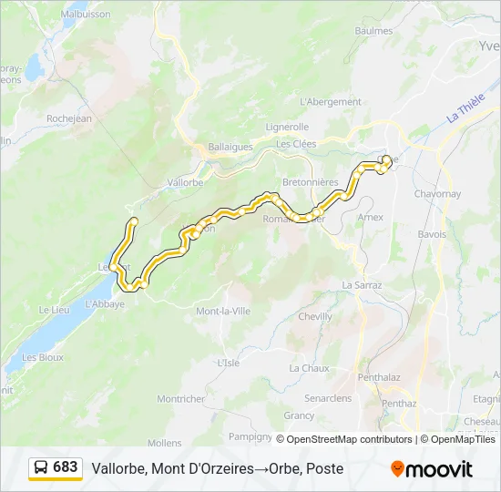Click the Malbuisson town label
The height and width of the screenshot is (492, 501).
pyautogui.click(x=86, y=15)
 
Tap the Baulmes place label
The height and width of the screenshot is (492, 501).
pyautogui.click(x=373, y=31)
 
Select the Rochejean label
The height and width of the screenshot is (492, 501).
pyautogui.click(x=69, y=118)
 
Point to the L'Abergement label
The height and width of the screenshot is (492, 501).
pyautogui.click(x=331, y=102)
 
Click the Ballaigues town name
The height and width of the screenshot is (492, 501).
pyautogui.click(x=232, y=145)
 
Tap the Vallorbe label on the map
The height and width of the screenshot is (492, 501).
pyautogui.click(x=185, y=182)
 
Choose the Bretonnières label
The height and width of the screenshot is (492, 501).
pyautogui.click(x=310, y=182)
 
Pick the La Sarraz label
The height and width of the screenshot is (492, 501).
pyautogui.click(x=362, y=285)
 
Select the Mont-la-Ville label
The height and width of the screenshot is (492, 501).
pyautogui.click(x=223, y=311)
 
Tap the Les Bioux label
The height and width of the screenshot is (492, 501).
pyautogui.click(x=43, y=358)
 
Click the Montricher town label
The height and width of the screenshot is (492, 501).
pyautogui.click(x=180, y=399)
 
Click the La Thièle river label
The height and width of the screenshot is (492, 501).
pyautogui.click(x=465, y=112)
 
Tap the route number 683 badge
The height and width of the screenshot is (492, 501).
pyautogui.click(x=65, y=467)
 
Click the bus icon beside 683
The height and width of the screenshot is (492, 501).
pyautogui.click(x=41, y=467)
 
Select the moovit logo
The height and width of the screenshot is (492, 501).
pyautogui.click(x=432, y=469)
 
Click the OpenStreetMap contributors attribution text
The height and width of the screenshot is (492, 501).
pyautogui.click(x=351, y=439)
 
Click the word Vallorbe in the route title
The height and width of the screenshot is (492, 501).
pyautogui.click(x=116, y=468)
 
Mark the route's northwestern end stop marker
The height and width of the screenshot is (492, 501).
pyautogui.click(x=133, y=221)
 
